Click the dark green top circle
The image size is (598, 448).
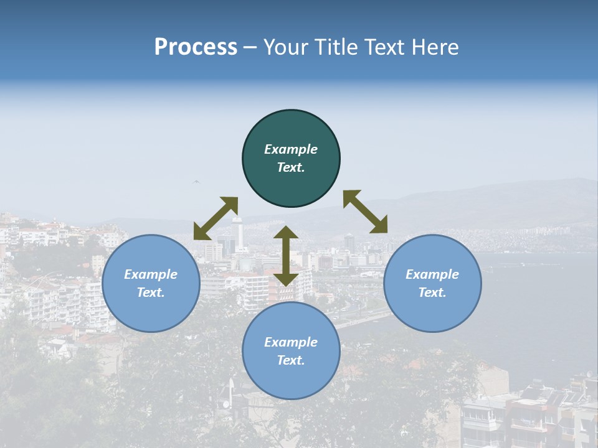pos(291,159)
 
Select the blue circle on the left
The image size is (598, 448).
pos(151,283)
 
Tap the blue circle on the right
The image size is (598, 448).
pos(432,283)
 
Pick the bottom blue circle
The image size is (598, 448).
pos(291,351)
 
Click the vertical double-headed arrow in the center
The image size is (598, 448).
pos(285,256)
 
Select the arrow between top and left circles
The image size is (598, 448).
pos(216,218)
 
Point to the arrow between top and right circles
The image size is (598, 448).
pos(366,212)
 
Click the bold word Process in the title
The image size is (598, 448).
pos(196,47)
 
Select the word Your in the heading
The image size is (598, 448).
pos(286,47)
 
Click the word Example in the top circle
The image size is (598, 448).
pos(291,149)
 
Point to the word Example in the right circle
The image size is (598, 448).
pos(432,274)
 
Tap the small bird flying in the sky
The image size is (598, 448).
pos(197,182)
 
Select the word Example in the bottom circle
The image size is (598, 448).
pos(291,342)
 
